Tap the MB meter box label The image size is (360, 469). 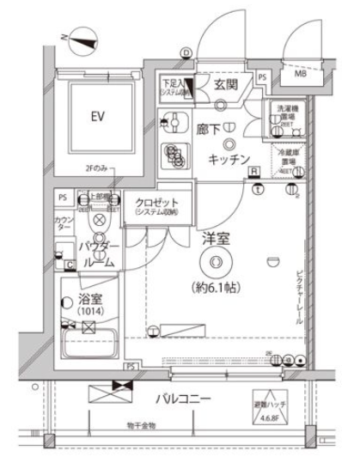click(301, 74)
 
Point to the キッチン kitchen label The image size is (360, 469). click(229, 159)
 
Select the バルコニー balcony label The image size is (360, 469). click(184, 399)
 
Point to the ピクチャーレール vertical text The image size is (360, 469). click(298, 292)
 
